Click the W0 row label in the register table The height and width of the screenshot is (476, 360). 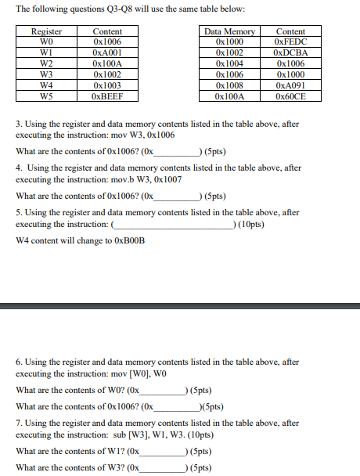point(45,41)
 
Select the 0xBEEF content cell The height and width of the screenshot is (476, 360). point(107,96)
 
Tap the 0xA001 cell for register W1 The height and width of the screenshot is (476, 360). point(107,52)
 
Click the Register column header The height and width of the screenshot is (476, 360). point(45,31)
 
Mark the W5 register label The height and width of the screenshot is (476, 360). point(45,96)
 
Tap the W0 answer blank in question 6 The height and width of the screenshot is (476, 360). point(160,390)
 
